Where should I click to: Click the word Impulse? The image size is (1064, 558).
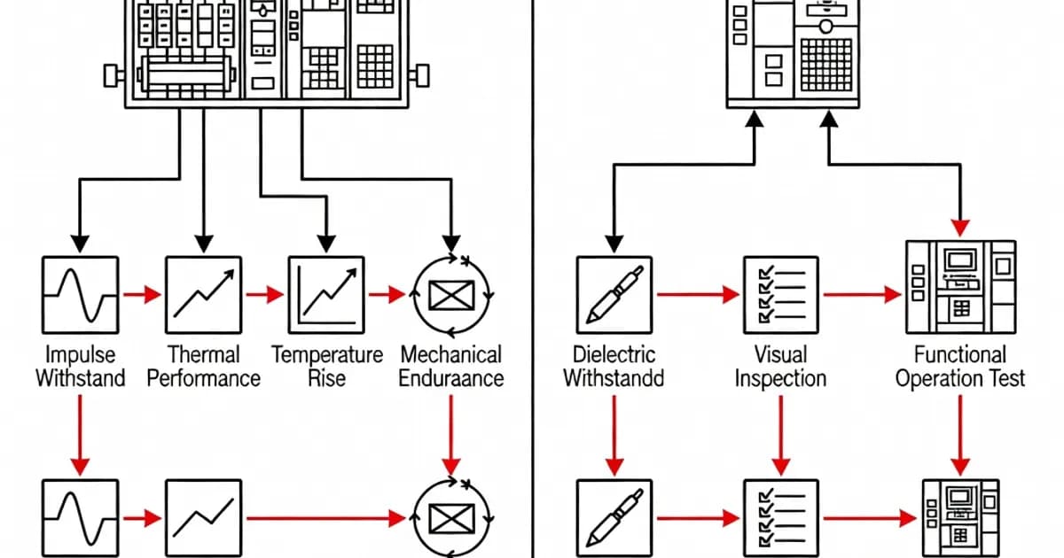point(80,355)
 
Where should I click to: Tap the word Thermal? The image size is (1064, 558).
point(203,355)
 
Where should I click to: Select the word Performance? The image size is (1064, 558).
point(203,379)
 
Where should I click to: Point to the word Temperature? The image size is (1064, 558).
point(327,355)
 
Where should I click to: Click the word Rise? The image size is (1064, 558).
point(327,379)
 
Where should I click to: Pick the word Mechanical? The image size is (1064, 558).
point(451,355)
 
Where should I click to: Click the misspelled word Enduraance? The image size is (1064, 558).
point(451,379)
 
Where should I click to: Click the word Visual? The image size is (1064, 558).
point(780,355)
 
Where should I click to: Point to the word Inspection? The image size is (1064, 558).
point(780,379)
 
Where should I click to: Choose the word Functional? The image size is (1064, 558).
point(960,355)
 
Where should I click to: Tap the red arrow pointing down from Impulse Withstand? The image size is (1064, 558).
point(80,434)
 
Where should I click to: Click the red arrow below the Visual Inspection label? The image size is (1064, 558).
point(780,434)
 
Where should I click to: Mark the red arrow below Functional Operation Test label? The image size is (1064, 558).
point(960,434)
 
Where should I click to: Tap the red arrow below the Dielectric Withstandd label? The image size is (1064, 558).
point(613,434)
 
